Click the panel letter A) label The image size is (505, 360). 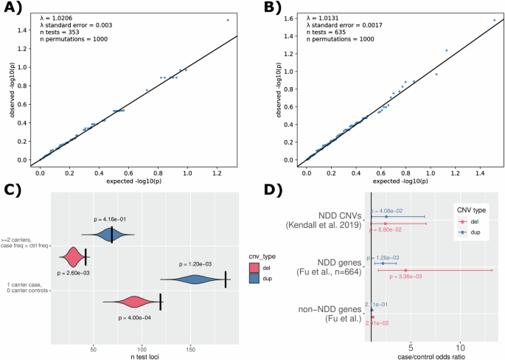(x=14, y=10)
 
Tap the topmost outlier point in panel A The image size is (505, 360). (x=227, y=20)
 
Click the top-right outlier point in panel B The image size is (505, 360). (x=494, y=20)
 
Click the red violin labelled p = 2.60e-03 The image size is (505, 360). (x=74, y=257)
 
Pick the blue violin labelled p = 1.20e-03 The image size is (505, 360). (x=193, y=279)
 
